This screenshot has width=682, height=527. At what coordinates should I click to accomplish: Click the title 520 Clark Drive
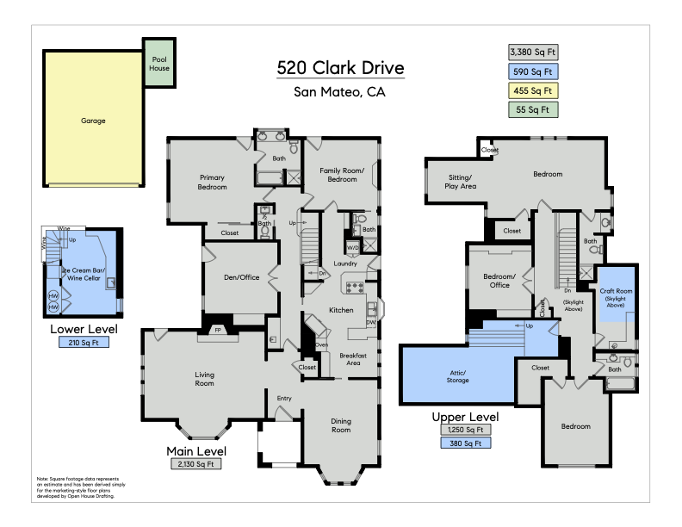pos(340,68)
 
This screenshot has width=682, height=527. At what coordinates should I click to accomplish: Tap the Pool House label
pos(159,64)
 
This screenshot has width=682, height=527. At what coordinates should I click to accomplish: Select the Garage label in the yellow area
pos(93,121)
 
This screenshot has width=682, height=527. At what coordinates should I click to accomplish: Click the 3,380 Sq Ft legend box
pos(533,53)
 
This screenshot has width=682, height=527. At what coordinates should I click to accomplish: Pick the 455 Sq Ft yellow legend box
pos(533,91)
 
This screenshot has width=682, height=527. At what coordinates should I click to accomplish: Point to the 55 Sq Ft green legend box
pos(533,110)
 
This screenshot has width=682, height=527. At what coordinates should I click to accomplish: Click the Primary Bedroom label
pos(212,183)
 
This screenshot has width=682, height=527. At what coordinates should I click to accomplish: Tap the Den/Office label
pos(241,277)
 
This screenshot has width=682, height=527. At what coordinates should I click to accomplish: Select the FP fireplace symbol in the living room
pos(218,330)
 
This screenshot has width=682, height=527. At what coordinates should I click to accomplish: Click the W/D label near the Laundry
pos(353,248)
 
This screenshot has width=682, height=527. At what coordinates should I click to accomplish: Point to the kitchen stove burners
pos(355,288)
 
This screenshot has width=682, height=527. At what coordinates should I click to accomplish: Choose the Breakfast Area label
pos(353,359)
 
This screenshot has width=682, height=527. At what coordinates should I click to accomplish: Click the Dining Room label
pos(341,425)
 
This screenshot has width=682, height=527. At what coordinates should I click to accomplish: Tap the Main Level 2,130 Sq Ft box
pos(196,464)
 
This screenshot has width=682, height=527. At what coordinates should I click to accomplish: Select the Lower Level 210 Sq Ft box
pos(84,343)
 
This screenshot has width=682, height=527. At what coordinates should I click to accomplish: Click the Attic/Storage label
pos(457,376)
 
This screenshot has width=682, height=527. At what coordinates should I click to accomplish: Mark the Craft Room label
pos(616,291)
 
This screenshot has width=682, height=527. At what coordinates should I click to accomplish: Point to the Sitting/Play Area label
pos(460,182)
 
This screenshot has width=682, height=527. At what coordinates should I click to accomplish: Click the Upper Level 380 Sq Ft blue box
pos(465,443)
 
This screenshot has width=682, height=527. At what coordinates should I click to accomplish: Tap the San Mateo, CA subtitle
pos(339,92)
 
